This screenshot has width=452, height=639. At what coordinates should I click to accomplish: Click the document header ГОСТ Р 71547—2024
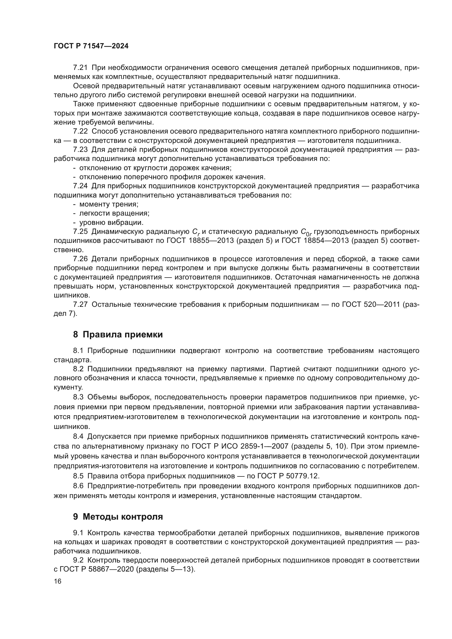click(x=91, y=46)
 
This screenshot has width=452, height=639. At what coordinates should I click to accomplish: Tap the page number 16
click(x=57, y=581)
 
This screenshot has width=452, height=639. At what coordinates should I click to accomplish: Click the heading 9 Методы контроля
click(x=118, y=517)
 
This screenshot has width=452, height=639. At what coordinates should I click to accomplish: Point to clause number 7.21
click(x=80, y=68)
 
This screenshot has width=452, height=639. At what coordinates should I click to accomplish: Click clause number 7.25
click(x=80, y=232)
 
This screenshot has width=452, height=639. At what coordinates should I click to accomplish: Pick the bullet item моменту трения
click(x=109, y=204)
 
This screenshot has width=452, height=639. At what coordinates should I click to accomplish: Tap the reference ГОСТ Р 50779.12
click(x=282, y=476)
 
